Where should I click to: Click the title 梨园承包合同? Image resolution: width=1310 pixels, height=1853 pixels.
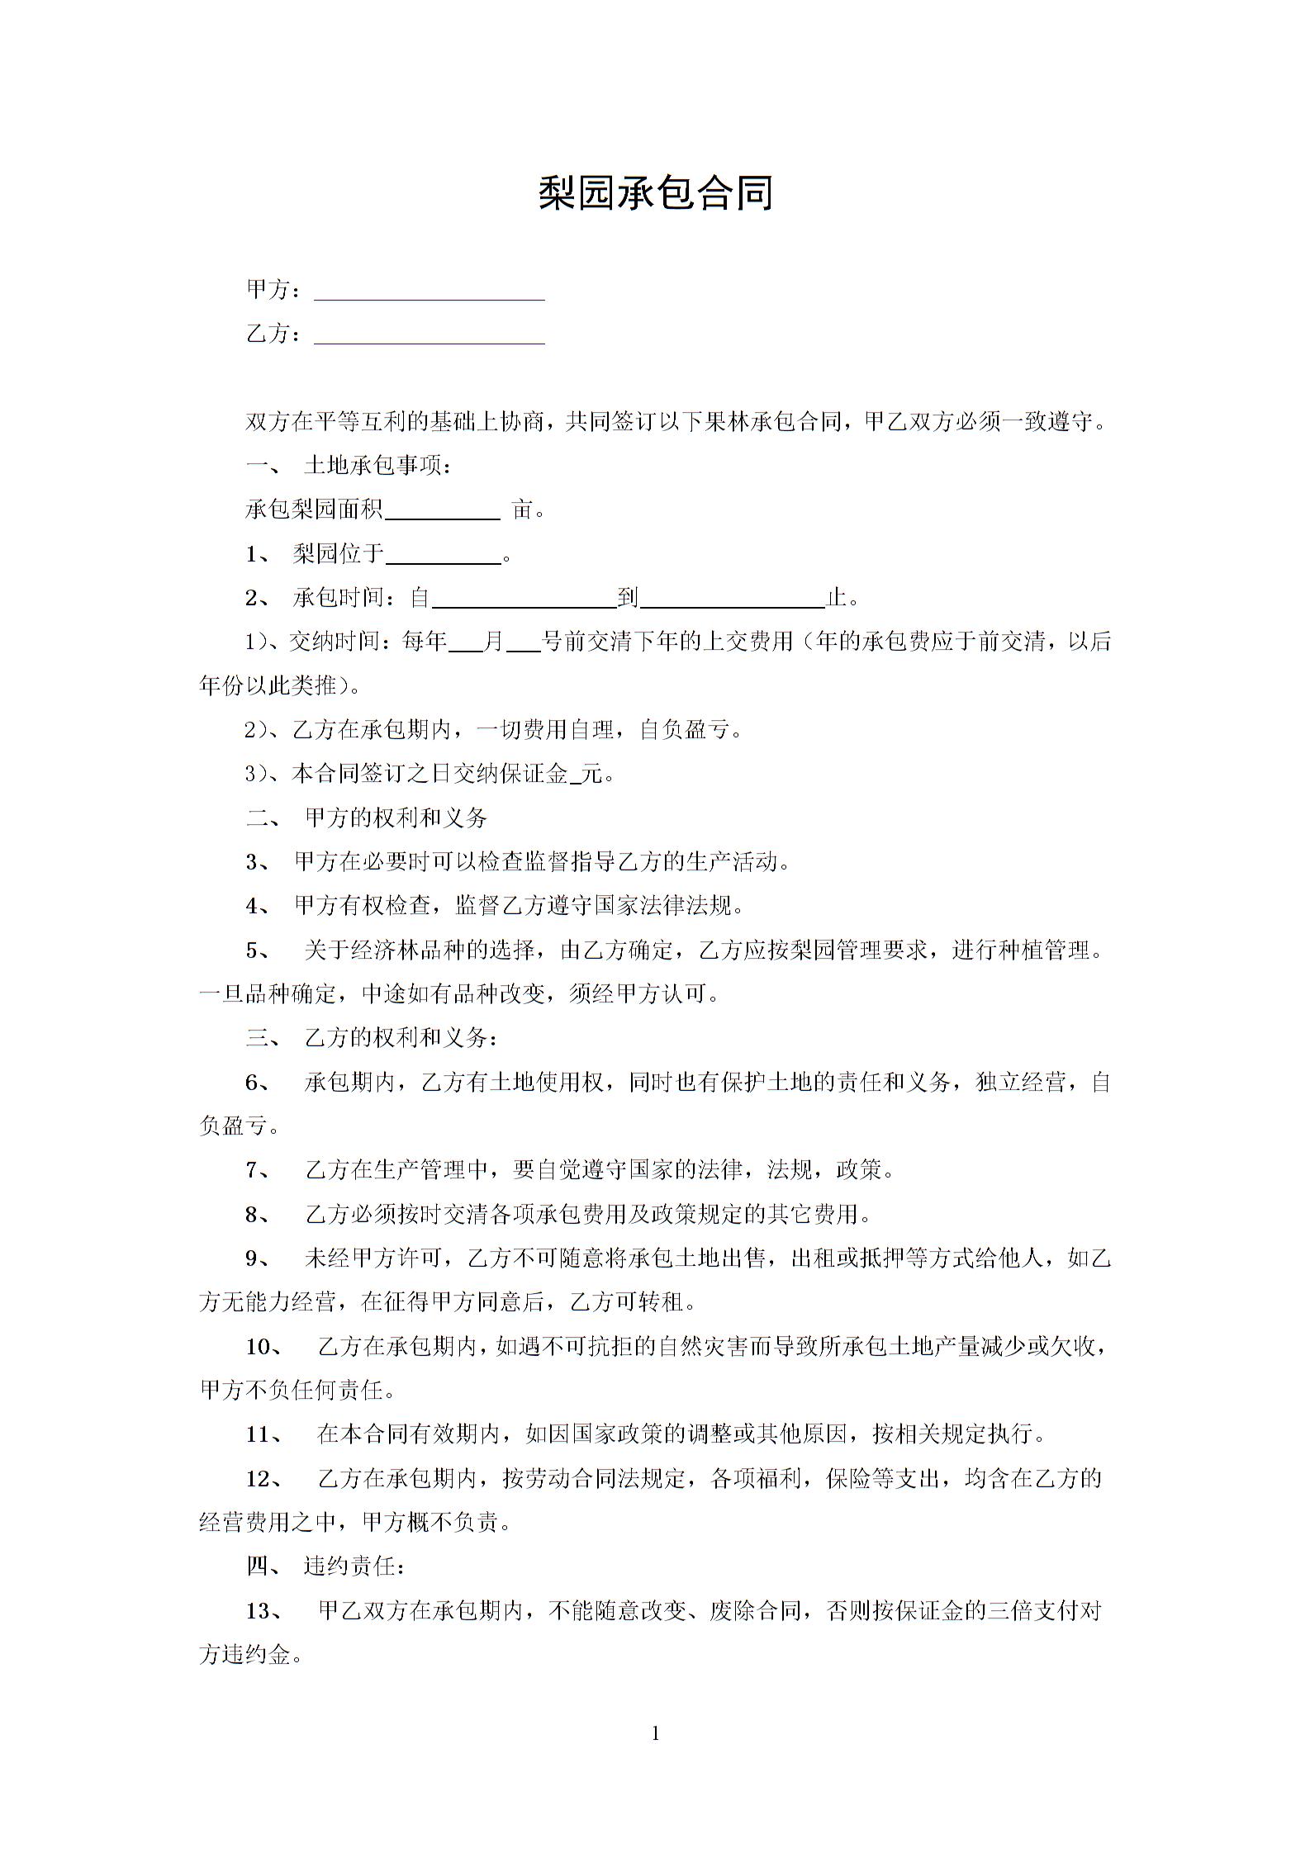pyautogui.click(x=655, y=193)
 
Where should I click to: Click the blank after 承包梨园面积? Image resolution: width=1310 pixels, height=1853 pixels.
pyautogui.click(x=443, y=511)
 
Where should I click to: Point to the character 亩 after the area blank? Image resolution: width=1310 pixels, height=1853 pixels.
pyautogui.click(x=523, y=510)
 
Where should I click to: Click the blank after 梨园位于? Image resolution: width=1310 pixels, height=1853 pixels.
pyautogui.click(x=444, y=555)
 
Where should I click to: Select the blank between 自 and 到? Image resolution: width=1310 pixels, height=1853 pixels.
pyautogui.click(x=524, y=599)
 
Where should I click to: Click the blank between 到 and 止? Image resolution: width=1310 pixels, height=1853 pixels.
pyautogui.click(x=733, y=599)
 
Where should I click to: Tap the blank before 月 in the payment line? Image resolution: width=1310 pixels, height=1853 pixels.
pyautogui.click(x=466, y=643)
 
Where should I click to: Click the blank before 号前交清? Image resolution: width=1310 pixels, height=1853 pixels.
pyautogui.click(x=522, y=643)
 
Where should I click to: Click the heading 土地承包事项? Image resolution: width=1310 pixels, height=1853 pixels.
pyautogui.click(x=377, y=467)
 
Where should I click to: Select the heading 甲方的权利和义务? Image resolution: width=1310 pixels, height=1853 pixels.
pyautogui.click(x=396, y=818)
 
